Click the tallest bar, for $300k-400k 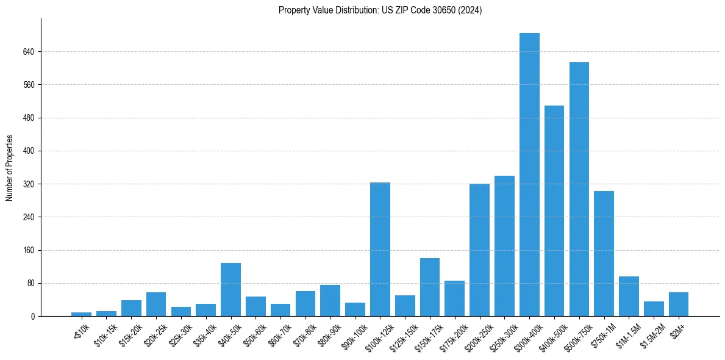(529, 175)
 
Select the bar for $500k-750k (579, 189)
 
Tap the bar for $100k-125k (380, 249)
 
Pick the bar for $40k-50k (230, 289)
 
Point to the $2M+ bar (678, 304)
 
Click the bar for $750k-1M (604, 253)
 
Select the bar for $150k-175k (430, 287)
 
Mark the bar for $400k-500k (554, 211)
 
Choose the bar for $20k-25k (156, 304)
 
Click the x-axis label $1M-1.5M (627, 333)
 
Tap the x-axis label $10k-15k (105, 333)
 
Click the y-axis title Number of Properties (9, 168)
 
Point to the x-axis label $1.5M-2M (652, 333)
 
